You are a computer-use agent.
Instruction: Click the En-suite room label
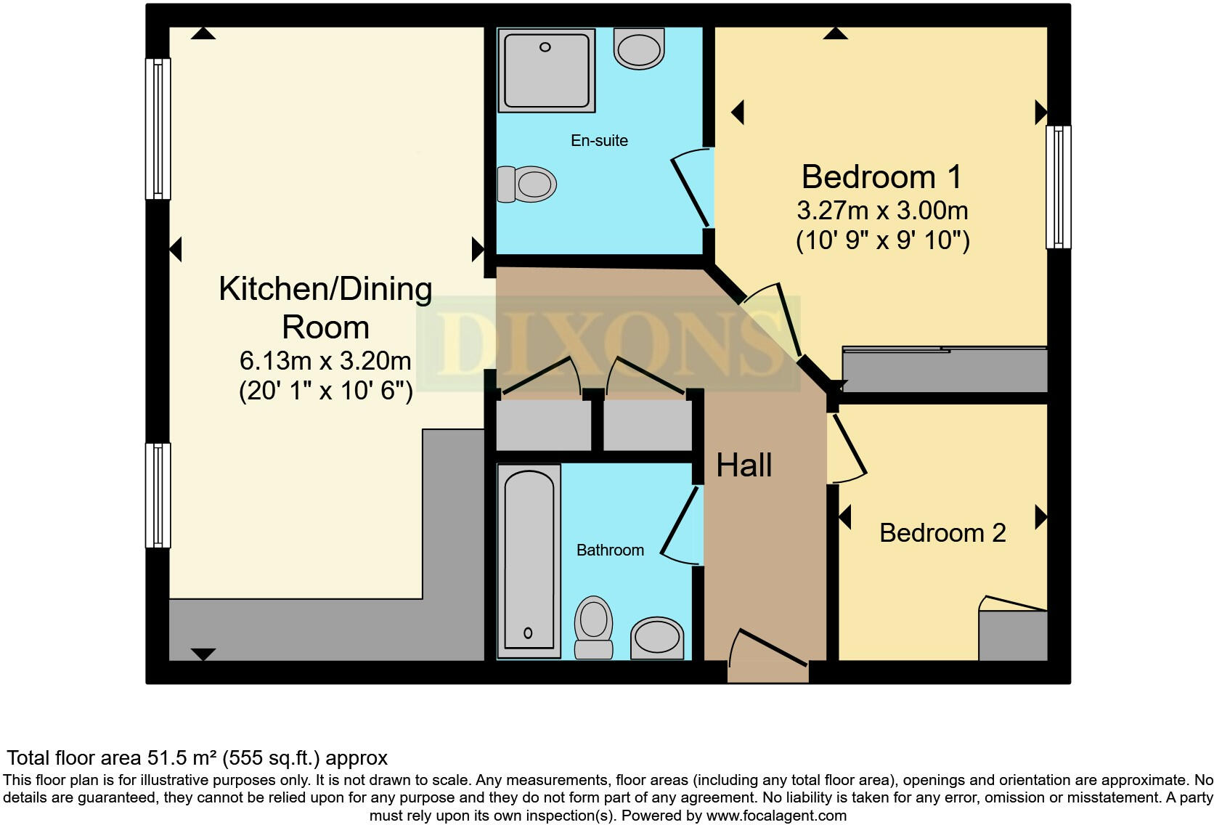599,141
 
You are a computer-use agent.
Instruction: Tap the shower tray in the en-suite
546,70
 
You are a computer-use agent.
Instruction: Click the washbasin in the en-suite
639,49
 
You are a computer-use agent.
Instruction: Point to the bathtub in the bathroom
529,561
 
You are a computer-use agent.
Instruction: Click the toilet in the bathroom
593,627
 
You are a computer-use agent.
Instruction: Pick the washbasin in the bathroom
657,638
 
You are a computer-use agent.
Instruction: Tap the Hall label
744,465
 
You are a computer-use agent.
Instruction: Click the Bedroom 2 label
942,533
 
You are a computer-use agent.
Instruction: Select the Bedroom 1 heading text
881,176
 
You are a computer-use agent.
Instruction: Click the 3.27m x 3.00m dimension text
882,211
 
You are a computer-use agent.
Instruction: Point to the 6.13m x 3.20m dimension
325,360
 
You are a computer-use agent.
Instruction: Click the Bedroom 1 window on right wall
1059,187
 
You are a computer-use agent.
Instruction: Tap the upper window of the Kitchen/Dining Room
158,129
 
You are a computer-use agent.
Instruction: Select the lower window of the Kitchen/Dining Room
158,495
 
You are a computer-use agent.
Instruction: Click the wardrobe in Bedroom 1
945,369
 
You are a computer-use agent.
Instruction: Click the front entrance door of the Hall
768,656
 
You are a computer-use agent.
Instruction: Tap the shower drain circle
545,47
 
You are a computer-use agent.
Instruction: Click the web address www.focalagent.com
776,816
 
